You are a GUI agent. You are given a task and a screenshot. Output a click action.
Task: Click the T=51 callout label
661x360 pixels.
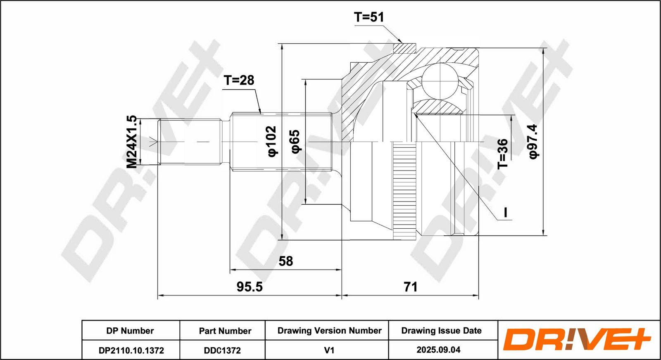click(x=369, y=17)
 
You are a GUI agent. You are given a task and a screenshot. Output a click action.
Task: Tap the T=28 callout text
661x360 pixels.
click(x=239, y=80)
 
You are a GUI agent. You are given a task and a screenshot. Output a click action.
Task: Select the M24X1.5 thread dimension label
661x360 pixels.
click(x=132, y=142)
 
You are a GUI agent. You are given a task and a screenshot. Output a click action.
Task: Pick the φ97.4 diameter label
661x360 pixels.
click(x=533, y=142)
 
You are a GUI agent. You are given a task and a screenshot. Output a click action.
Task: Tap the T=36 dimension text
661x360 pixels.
click(x=503, y=154)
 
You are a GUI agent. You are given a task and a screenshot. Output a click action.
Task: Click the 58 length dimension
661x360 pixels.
click(x=285, y=261)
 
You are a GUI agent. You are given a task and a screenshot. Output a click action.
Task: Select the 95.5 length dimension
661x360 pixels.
click(x=250, y=287)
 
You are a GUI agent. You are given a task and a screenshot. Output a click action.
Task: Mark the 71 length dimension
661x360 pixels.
click(x=411, y=287)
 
